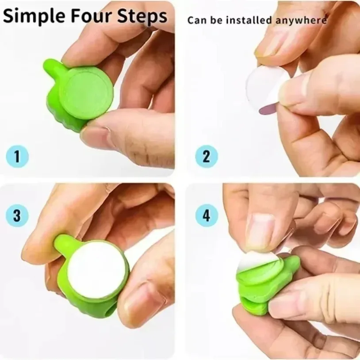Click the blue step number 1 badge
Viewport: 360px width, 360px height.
pos(17,156)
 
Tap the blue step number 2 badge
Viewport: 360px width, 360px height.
pos(207,156)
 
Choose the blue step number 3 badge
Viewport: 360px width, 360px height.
pos(17,216)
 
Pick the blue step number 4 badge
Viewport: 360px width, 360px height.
pos(207,216)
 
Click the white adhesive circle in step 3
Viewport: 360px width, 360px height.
pos(96,270)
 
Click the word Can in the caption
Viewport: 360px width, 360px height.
pos(195,20)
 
